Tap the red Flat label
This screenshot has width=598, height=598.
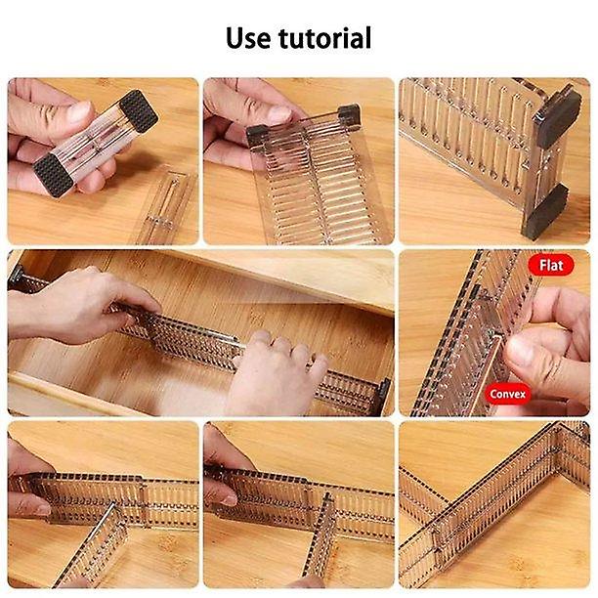[x=550, y=265]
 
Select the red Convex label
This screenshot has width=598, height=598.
[x=508, y=394]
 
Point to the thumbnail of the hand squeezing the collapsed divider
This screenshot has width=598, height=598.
[x=103, y=161]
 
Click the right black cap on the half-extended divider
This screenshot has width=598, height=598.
[x=348, y=113]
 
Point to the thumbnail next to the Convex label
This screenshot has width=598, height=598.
[x=494, y=333]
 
